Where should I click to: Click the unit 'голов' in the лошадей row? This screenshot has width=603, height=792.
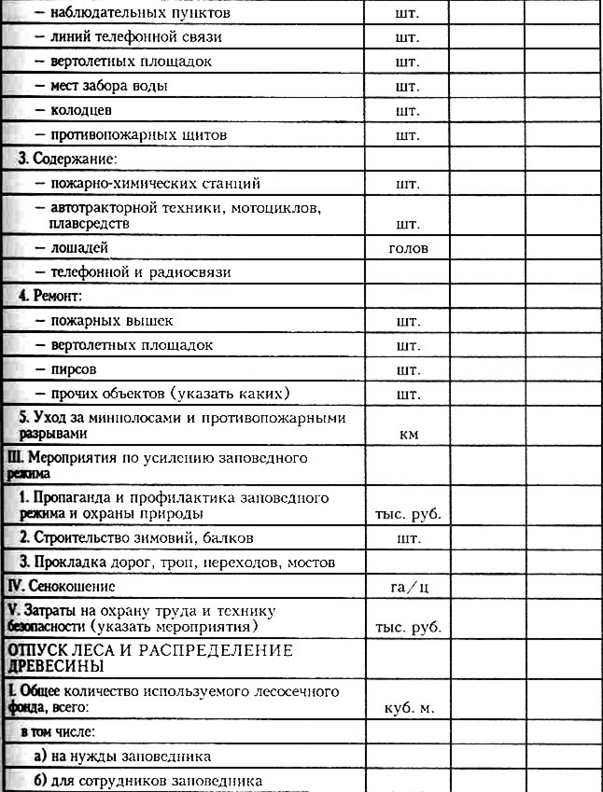point(407,248)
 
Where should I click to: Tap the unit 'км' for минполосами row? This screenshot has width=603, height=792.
point(407,435)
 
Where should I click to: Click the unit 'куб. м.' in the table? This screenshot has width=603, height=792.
point(407,708)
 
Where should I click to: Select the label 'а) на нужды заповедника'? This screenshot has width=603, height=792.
point(116,756)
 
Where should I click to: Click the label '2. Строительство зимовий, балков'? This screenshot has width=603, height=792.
point(135,538)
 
